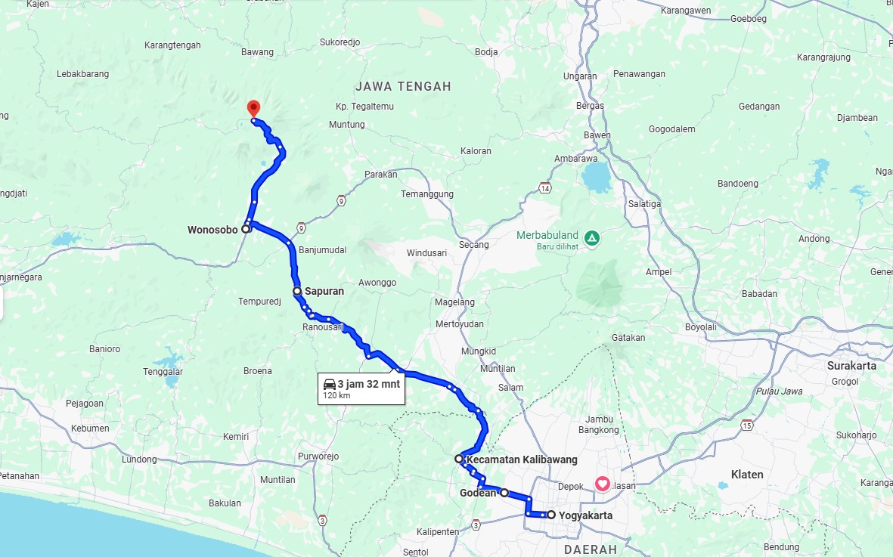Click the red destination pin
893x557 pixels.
click(x=253, y=109)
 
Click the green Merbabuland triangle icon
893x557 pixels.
click(x=591, y=238)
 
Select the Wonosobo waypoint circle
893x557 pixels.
click(x=246, y=228)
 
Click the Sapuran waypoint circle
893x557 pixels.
click(x=297, y=290)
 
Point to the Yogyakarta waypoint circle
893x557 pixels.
click(x=551, y=515)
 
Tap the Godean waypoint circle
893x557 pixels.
click(x=504, y=493)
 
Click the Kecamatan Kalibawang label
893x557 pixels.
click(x=522, y=460)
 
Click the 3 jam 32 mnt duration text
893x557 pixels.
click(x=368, y=384)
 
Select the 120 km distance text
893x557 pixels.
click(x=336, y=395)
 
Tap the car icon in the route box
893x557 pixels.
click(x=329, y=384)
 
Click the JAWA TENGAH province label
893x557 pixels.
click(x=403, y=86)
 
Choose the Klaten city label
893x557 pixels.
click(x=747, y=475)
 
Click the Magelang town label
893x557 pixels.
click(x=455, y=302)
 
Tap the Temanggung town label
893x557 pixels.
click(x=427, y=194)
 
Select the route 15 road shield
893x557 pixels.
click(x=747, y=424)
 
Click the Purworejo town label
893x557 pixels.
click(x=318, y=456)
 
